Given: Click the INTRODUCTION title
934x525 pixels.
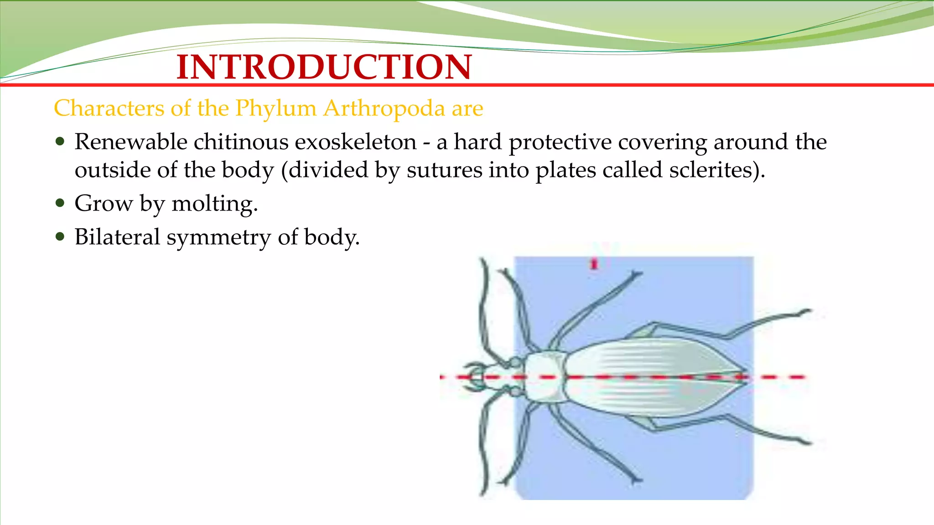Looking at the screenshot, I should [x=324, y=67].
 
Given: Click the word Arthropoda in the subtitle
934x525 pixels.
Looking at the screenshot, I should [x=384, y=108].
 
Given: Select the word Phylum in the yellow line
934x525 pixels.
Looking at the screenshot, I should [x=275, y=108].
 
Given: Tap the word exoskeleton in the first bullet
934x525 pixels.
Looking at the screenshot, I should [x=355, y=142].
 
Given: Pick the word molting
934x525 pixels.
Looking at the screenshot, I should [x=214, y=204].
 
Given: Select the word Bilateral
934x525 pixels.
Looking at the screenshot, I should [x=117, y=237].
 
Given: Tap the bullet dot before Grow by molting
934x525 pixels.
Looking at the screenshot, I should [x=60, y=203].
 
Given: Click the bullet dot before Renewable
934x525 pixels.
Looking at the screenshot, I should [x=60, y=142].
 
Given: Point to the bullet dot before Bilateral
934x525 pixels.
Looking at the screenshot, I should [x=60, y=237].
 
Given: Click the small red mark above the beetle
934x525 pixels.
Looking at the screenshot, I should [x=594, y=263].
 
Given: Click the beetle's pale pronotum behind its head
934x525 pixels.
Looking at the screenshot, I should [x=544, y=377].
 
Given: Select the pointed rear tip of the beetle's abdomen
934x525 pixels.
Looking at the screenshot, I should [x=743, y=377].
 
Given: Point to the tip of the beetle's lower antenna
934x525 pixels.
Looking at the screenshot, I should [x=483, y=494].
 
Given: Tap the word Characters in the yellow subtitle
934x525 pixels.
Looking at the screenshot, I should [x=109, y=108].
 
